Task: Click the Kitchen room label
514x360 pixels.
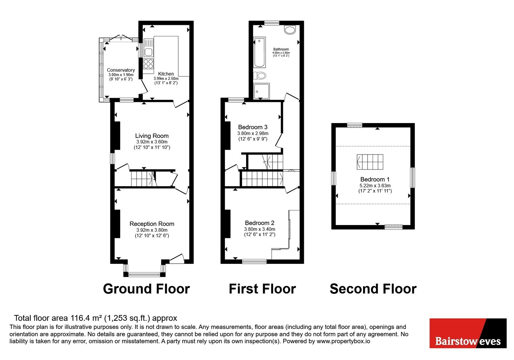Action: tap(166, 74)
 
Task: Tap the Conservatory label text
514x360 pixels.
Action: tap(121, 70)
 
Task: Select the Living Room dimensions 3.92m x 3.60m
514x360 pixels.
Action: tap(152, 142)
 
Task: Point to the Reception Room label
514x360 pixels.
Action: tap(152, 224)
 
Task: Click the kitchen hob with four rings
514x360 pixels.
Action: tap(148, 64)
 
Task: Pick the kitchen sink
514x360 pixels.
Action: tap(148, 48)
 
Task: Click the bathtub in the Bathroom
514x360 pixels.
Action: tap(259, 52)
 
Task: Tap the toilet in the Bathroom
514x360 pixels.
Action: tap(260, 75)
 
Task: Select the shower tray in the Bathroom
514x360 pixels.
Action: tap(261, 91)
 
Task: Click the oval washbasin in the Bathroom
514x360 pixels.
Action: tap(290, 30)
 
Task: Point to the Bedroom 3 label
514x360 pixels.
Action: tap(253, 127)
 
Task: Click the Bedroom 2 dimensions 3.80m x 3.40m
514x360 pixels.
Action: tap(260, 229)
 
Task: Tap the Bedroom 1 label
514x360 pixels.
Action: tap(375, 179)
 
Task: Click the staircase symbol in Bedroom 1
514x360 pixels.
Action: tap(370, 162)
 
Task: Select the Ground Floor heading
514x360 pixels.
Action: tap(146, 289)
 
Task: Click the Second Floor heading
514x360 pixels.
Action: tap(373, 289)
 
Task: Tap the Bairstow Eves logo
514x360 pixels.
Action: tap(468, 333)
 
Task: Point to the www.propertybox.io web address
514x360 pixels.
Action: tap(343, 341)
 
